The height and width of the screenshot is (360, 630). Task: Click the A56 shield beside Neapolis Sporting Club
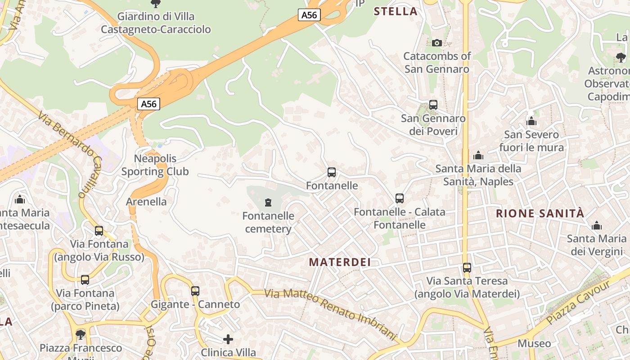148,104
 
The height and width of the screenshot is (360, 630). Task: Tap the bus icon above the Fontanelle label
332,172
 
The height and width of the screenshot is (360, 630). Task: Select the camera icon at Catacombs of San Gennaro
436,43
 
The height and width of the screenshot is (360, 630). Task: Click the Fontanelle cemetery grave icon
268,202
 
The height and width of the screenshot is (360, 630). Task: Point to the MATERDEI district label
340,262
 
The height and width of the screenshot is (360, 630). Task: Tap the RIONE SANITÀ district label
540,214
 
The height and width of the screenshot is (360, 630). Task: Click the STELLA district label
396,12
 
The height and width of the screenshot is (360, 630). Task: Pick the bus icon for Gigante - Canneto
195,291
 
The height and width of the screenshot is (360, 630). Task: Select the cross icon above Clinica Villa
228,339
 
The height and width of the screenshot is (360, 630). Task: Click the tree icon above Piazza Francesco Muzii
81,334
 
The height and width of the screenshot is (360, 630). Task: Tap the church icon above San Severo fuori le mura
531,121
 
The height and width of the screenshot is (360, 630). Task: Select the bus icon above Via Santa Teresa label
467,268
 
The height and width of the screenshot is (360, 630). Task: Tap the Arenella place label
146,202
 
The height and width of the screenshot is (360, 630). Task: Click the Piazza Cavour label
579,302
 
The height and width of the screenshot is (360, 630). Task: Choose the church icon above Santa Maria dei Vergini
597,225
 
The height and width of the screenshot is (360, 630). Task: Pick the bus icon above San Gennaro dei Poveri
433,105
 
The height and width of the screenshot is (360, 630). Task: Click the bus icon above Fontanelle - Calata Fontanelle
399,198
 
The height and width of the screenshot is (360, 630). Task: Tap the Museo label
534,344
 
